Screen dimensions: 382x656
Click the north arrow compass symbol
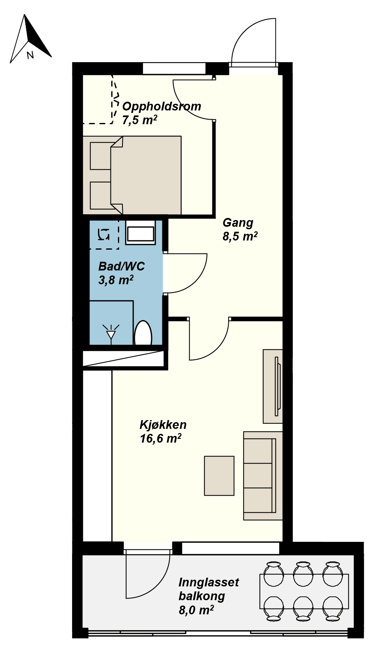click(x=30, y=40)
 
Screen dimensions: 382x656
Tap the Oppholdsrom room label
click(x=161, y=106)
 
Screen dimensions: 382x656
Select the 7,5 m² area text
click(x=139, y=120)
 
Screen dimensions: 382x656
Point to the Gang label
click(x=237, y=223)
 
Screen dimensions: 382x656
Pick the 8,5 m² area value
click(x=240, y=236)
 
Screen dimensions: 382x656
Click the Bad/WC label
click(x=121, y=266)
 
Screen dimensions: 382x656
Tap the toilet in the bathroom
click(x=143, y=333)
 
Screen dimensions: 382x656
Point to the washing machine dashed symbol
click(x=103, y=235)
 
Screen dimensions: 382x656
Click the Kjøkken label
click(x=163, y=425)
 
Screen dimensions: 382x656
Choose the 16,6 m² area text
click(x=160, y=438)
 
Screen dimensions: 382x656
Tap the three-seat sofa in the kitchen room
click(x=262, y=476)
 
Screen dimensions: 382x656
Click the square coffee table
click(x=219, y=476)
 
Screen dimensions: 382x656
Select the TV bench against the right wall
click(x=272, y=386)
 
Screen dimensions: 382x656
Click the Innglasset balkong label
click(x=208, y=588)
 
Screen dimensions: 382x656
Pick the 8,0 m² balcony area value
click(x=196, y=610)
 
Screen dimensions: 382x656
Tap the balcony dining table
click(x=304, y=591)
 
